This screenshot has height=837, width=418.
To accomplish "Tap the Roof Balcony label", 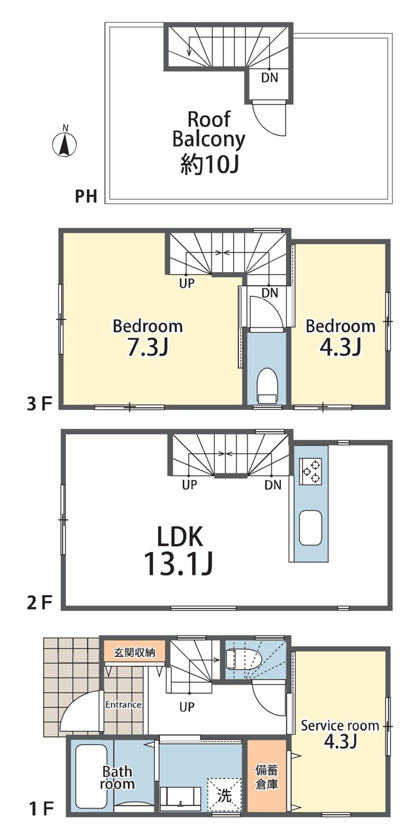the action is pyautogui.click(x=208, y=129).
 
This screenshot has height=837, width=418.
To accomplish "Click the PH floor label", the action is pyautogui.click(x=86, y=196).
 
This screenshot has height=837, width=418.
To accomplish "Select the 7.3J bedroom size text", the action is pyautogui.click(x=148, y=347).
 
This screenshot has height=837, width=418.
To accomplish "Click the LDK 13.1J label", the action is pyautogui.click(x=180, y=550).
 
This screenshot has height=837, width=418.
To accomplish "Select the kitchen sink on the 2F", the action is pyautogui.click(x=310, y=528).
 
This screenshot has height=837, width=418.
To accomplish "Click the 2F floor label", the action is pyautogui.click(x=39, y=603).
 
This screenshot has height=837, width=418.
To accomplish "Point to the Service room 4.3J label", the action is pyautogui.click(x=340, y=733).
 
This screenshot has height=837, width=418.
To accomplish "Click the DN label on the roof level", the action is pyautogui.click(x=270, y=78).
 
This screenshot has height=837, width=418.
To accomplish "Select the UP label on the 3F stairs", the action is pyautogui.click(x=187, y=283).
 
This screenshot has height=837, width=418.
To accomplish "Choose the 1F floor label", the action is pyautogui.click(x=40, y=810).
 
